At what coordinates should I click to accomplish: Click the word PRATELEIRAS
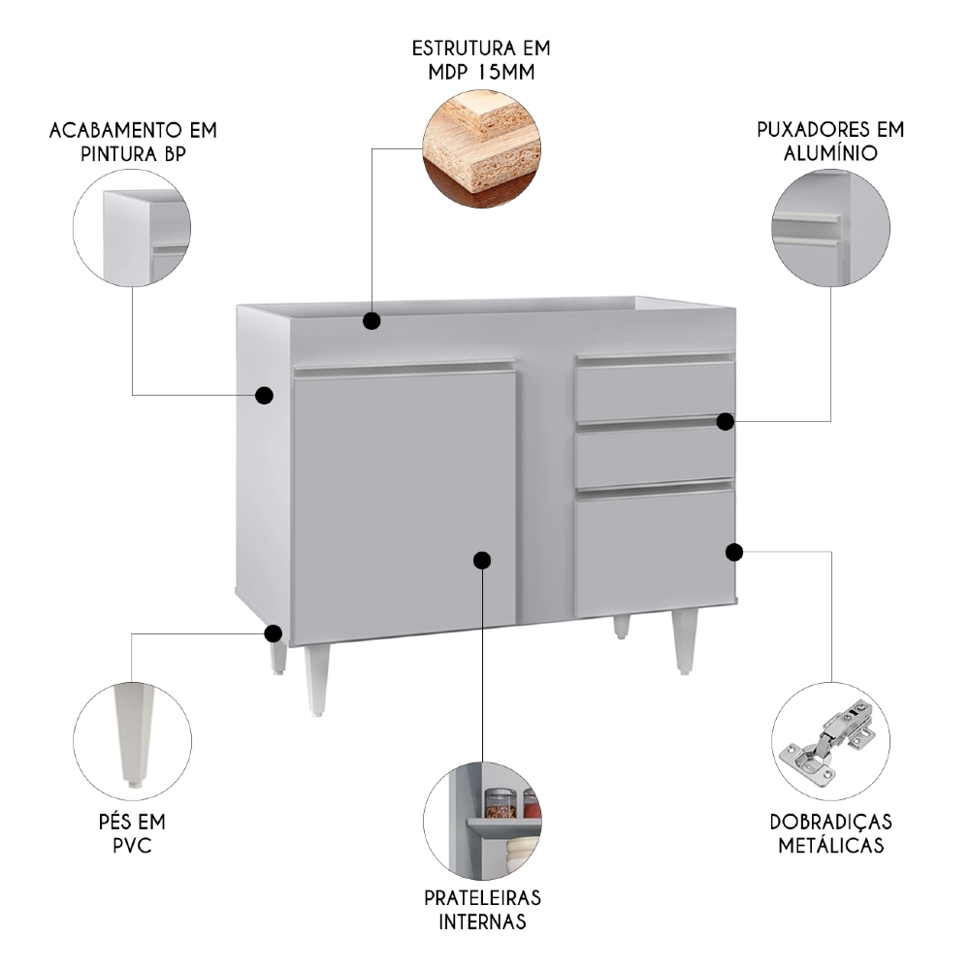point(482,896)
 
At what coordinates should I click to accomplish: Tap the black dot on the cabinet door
point(482,560)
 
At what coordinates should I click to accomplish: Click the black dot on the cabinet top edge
point(372,320)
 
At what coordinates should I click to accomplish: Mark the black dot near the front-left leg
point(274,634)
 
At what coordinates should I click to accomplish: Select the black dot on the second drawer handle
point(726,420)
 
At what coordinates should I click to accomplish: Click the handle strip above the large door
point(404,368)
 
